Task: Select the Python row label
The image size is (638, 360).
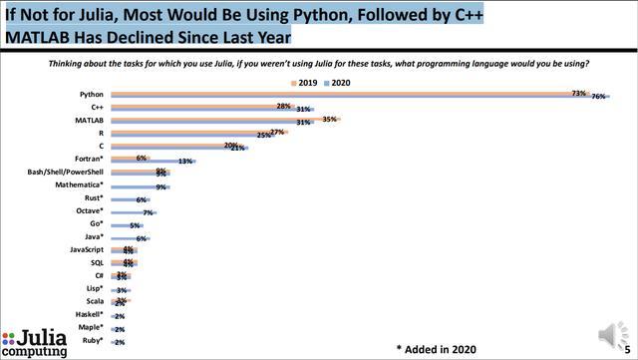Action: point(92,94)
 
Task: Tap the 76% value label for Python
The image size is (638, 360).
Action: point(600,98)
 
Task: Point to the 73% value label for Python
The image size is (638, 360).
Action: point(577,92)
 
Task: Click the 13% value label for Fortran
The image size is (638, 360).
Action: point(184,162)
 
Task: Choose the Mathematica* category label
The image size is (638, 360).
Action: point(78,184)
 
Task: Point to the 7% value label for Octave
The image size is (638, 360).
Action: point(147,212)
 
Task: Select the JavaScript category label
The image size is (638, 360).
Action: point(85,249)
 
